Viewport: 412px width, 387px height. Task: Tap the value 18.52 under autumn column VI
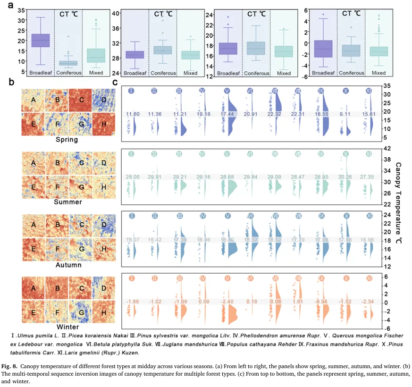252,239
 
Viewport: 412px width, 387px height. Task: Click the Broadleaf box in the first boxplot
41,41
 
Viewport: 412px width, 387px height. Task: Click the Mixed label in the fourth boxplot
378,73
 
